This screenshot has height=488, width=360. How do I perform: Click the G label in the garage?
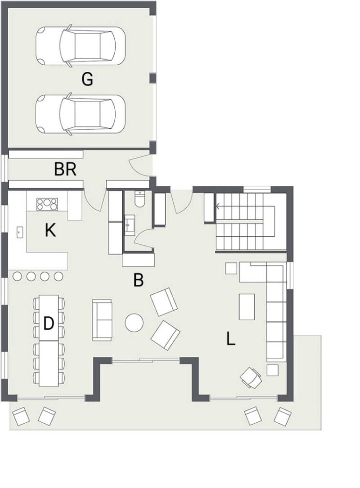pos(87,79)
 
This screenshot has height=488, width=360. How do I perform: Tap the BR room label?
pos(65,170)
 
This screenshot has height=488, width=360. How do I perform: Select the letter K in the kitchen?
pos(50,231)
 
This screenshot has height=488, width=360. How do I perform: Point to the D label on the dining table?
pos(49,324)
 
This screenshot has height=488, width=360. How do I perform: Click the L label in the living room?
pos(230,339)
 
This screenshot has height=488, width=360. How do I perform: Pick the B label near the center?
pos(139,280)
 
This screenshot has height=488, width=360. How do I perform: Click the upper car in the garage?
pos(81,46)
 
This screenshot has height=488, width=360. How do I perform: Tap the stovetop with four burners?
pos(47,204)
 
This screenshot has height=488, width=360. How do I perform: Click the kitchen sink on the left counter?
pos(20,232)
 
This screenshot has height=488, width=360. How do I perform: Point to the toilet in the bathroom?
pos(139,198)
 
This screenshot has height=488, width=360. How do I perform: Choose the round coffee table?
pos(134,323)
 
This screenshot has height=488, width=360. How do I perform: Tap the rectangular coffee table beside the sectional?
pos(247,306)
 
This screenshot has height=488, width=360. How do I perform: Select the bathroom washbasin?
pos(130,224)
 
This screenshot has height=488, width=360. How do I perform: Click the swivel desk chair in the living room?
pos(251,377)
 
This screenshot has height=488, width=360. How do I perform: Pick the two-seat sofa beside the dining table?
pos(101,320)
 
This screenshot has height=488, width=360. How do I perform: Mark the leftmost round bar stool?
pos(17,276)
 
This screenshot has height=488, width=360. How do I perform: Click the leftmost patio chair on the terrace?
pos(21,416)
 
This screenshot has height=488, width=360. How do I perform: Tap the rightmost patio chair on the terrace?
pos(282,416)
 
